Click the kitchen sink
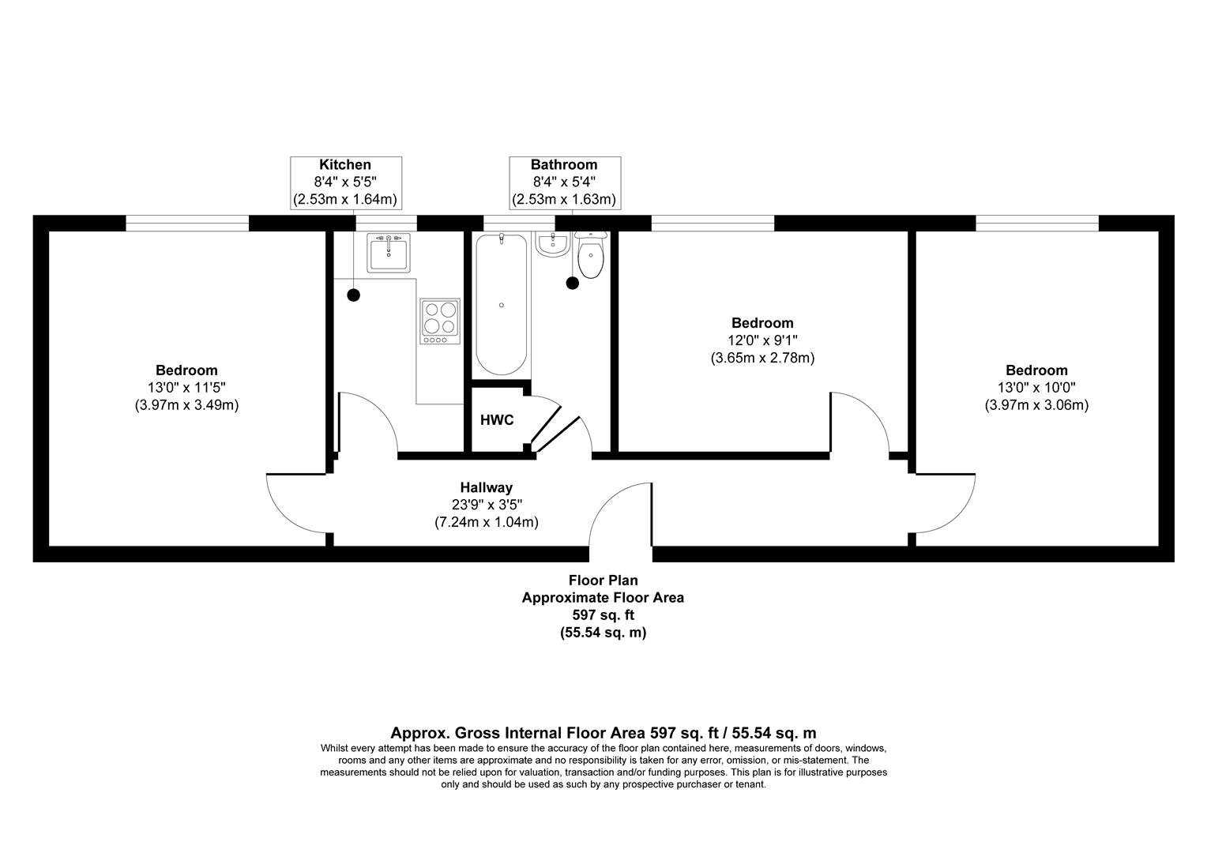pyautogui.click(x=389, y=253)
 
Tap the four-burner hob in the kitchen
pyautogui.click(x=440, y=321)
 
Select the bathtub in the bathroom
pyautogui.click(x=501, y=304)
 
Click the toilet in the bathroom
pyautogui.click(x=591, y=254)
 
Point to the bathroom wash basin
pyautogui.click(x=552, y=244)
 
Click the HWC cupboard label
pyautogui.click(x=497, y=419)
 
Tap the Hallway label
pyautogui.click(x=486, y=487)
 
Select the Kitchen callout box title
pyautogui.click(x=345, y=164)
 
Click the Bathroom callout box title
pyautogui.click(x=564, y=164)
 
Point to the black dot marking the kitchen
pyautogui.click(x=353, y=295)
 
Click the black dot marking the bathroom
pyautogui.click(x=572, y=283)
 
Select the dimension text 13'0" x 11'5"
pyautogui.click(x=186, y=388)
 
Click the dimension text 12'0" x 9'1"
pyautogui.click(x=762, y=340)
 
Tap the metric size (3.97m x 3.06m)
pyautogui.click(x=1036, y=405)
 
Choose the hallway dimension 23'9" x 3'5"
pyautogui.click(x=487, y=505)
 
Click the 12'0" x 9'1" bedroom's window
pyautogui.click(x=713, y=223)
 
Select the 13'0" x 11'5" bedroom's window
pyautogui.click(x=187, y=223)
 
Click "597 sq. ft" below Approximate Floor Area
pyautogui.click(x=603, y=614)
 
